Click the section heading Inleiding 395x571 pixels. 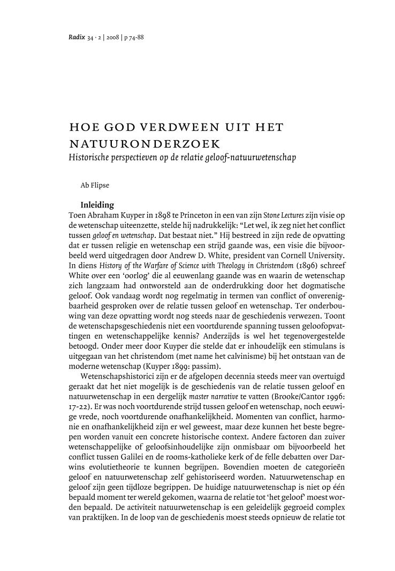pyautogui.click(x=96, y=204)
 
